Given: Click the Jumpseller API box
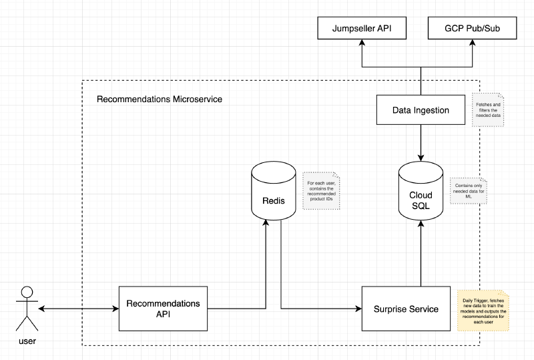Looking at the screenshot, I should pyautogui.click(x=361, y=29).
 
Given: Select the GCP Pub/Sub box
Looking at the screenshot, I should pyautogui.click(x=473, y=29).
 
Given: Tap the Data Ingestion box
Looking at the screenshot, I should pyautogui.click(x=421, y=110).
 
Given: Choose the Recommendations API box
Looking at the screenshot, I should pyautogui.click(x=163, y=308).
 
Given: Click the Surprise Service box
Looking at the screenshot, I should pyautogui.click(x=406, y=309).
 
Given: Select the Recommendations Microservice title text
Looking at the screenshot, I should pyautogui.click(x=160, y=99).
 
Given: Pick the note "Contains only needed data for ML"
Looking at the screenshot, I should pyautogui.click(x=467, y=190).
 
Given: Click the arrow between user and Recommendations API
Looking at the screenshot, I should pyautogui.click(x=78, y=309).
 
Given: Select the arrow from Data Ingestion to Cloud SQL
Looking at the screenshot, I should pyautogui.click(x=421, y=142).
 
